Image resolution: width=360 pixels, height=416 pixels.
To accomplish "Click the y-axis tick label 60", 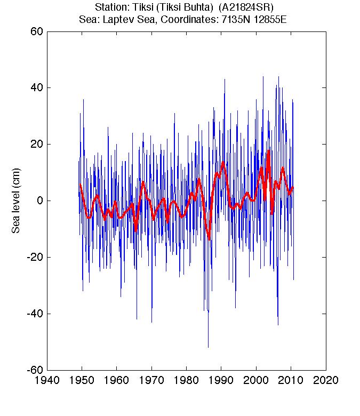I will (x=37, y=31).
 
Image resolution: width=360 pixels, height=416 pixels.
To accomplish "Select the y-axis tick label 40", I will (x=37, y=88).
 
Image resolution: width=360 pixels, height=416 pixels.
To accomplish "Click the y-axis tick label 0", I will (x=39, y=201).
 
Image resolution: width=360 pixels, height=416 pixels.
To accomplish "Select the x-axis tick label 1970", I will (x=151, y=382).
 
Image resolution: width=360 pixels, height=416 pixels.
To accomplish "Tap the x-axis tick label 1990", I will (x=221, y=382).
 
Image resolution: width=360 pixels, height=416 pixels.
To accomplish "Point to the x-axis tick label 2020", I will (x=325, y=382).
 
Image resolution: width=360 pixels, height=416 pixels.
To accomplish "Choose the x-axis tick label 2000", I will (x=256, y=382).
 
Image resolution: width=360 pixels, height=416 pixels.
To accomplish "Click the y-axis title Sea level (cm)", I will (x=17, y=201).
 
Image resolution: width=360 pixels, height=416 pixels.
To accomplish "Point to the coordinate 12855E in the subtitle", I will (x=270, y=20).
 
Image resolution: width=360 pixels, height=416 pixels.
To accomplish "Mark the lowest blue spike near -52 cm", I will (x=208, y=347).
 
